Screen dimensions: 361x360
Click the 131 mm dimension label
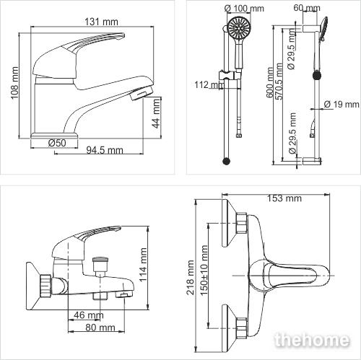(101, 22)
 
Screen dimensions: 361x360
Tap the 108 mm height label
(14, 83)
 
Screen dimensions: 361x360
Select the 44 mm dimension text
(157, 113)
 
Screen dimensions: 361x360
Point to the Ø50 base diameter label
(57, 143)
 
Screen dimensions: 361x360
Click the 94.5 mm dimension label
(105, 150)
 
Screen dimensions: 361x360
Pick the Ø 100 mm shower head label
(244, 9)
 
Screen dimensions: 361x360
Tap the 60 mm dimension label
(307, 8)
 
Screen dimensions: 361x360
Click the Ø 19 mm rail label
(342, 105)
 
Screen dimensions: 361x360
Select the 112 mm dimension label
(209, 84)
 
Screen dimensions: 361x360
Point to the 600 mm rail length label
(270, 82)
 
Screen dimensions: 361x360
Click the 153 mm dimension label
(284, 198)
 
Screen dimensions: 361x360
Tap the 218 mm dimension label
(191, 277)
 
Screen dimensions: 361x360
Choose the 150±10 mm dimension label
(204, 271)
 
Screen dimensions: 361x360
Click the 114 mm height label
(143, 265)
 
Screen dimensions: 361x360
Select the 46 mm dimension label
(89, 315)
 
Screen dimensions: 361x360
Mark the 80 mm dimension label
(100, 328)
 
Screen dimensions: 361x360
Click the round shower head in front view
(239, 28)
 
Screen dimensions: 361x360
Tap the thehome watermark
(312, 340)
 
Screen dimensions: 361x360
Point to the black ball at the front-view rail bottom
(226, 161)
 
